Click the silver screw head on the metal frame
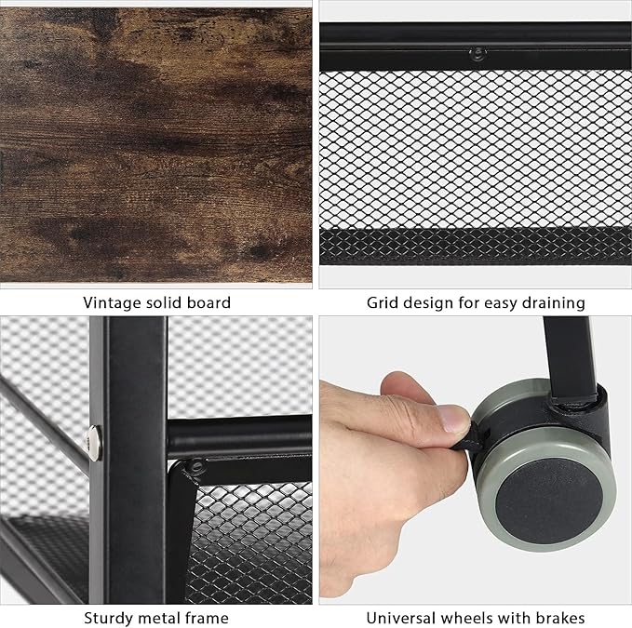94,443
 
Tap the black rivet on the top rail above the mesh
478,52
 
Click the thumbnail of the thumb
453,418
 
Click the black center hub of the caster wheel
549,501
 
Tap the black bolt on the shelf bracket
196,466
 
